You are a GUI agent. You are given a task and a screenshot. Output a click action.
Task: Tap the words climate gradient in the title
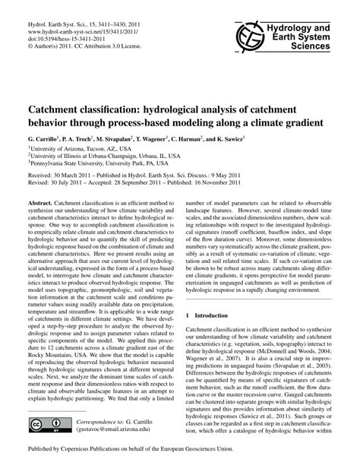click(282, 122)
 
